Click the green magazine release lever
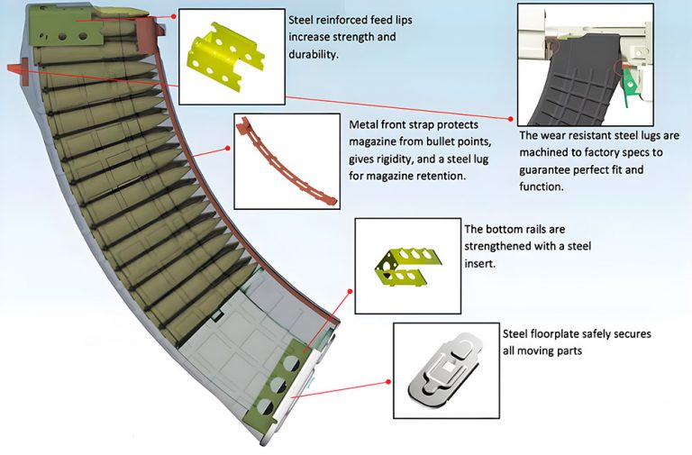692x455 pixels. (x=633, y=85)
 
